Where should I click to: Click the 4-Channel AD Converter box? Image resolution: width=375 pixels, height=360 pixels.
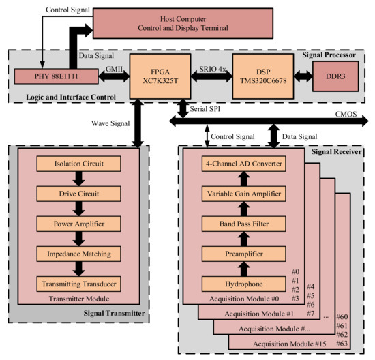[x=243, y=165]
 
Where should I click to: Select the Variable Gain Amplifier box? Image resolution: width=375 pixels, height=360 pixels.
[x=243, y=194]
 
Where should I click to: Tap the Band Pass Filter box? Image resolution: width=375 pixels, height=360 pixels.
[x=243, y=224]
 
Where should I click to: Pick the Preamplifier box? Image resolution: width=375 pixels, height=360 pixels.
[x=243, y=252]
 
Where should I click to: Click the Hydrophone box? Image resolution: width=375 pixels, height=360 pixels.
[x=243, y=282]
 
